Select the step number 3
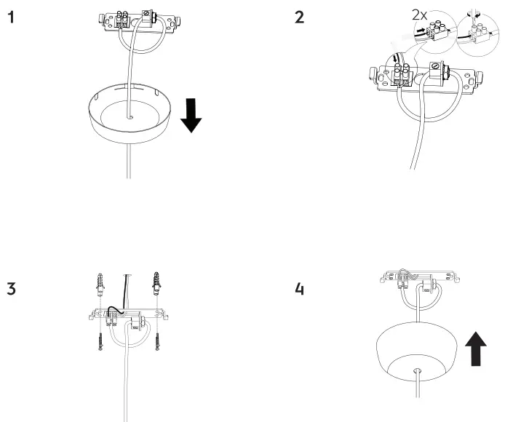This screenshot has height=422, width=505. coord(12,289)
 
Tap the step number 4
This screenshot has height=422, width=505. coord(300,289)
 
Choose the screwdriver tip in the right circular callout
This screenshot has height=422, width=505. coord(477,15)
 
